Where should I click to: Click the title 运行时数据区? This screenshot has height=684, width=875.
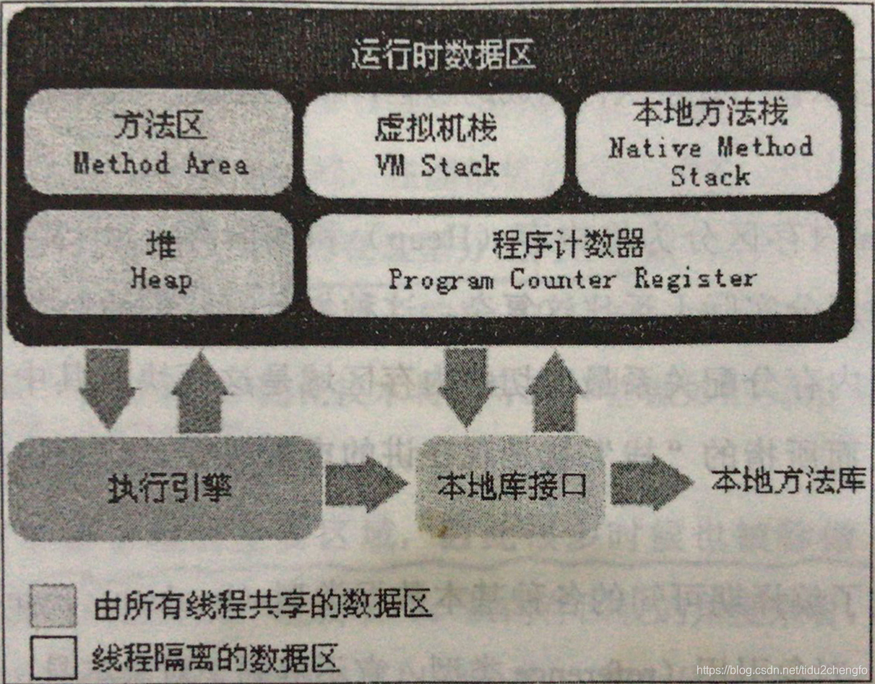(443, 56)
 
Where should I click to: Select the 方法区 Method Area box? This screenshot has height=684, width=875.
(160, 142)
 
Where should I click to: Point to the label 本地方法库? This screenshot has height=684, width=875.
(788, 481)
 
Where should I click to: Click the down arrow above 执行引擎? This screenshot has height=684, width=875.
(107, 386)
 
